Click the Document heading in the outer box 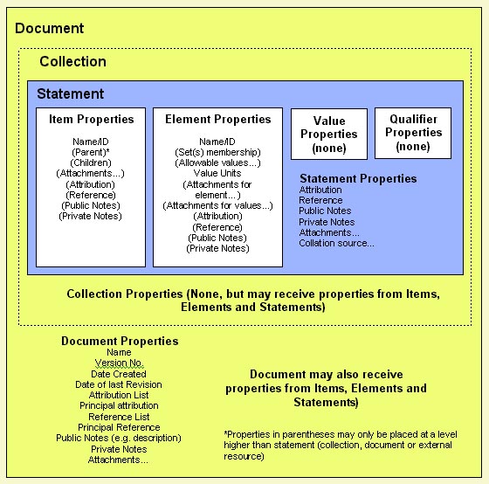point(49,29)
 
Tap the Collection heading point(73,61)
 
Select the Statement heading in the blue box point(71,94)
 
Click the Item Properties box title point(92,119)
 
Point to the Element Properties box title point(218,119)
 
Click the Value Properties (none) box point(329,135)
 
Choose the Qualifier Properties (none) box point(413,134)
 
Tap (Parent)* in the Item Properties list point(91,152)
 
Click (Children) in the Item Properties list point(91,162)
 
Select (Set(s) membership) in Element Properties point(217,152)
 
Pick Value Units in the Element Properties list point(217,173)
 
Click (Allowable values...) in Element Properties point(217,162)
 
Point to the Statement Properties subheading point(358,178)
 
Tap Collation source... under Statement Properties point(336,243)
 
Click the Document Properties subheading point(120,341)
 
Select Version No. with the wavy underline point(119,363)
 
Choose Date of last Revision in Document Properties point(119,384)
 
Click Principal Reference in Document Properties point(119,427)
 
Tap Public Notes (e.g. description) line point(119,438)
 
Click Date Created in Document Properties point(119,374)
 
